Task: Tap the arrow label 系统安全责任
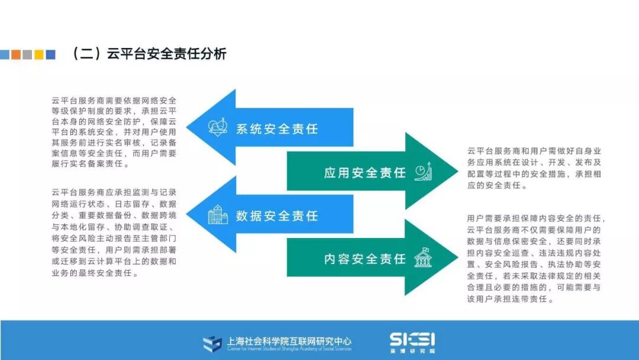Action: [277, 128]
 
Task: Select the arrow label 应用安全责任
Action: [365, 172]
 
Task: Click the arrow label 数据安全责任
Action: [277, 216]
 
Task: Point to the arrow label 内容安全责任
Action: [365, 259]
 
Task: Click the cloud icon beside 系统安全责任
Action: [218, 127]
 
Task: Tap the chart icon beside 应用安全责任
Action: [423, 172]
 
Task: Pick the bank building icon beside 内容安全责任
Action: [423, 258]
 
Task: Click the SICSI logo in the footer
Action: [412, 339]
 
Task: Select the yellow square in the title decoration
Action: [39, 54]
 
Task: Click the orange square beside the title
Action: [16, 54]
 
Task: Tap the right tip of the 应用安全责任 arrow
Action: [456, 172]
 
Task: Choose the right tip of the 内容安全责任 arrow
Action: [456, 258]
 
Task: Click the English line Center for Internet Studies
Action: [289, 349]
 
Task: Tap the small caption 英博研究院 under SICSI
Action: [412, 351]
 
